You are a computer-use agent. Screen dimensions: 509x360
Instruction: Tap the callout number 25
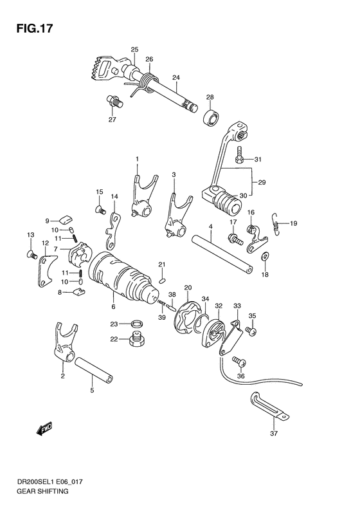point(134,50)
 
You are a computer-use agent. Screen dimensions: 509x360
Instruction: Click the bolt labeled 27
point(113,101)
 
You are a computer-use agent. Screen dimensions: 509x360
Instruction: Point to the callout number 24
point(175,78)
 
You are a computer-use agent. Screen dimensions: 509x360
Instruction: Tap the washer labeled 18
point(264,259)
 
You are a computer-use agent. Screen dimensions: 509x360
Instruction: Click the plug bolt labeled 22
point(136,339)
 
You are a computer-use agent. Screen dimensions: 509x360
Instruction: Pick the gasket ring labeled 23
point(136,324)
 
